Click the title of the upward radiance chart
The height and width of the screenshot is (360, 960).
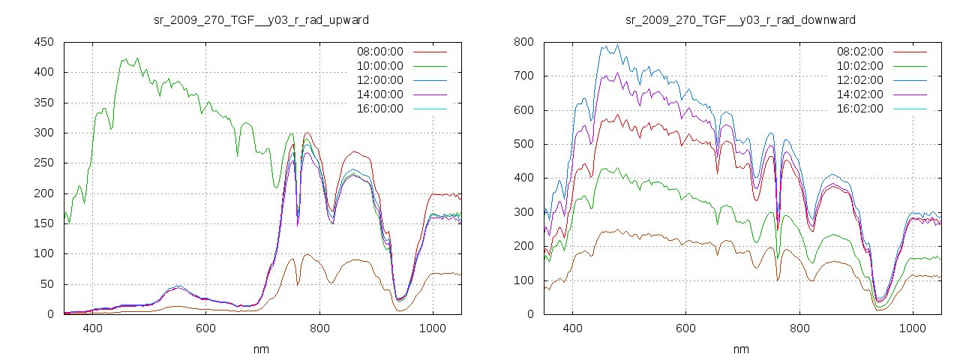coord(261,19)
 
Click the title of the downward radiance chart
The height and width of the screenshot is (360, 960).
coord(740,19)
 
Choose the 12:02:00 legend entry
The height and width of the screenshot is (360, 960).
coord(859,80)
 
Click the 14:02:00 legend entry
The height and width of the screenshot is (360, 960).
coord(859,94)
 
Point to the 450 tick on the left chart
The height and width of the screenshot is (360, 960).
coord(43,42)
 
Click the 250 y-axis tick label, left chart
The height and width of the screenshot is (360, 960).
coord(43,163)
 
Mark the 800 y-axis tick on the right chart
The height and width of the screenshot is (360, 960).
coord(523,42)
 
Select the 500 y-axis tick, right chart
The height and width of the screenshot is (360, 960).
coord(523,144)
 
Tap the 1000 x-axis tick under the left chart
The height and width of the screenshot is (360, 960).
coord(432,328)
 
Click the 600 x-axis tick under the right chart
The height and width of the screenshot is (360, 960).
coord(685,328)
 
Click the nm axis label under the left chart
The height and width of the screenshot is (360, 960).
coord(261,349)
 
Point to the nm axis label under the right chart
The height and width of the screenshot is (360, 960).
coord(740,349)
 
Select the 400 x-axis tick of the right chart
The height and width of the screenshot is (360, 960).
coord(572,328)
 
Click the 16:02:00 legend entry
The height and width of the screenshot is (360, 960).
coord(859,109)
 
